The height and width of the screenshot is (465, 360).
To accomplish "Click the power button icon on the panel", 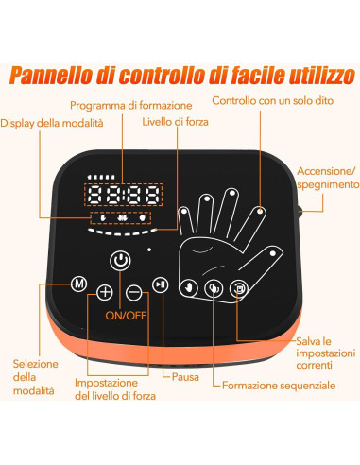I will pyautogui.click(x=118, y=260).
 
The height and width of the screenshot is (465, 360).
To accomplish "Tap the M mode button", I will pyautogui.click(x=80, y=285).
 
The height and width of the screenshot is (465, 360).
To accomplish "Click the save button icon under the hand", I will pyautogui.click(x=241, y=288).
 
